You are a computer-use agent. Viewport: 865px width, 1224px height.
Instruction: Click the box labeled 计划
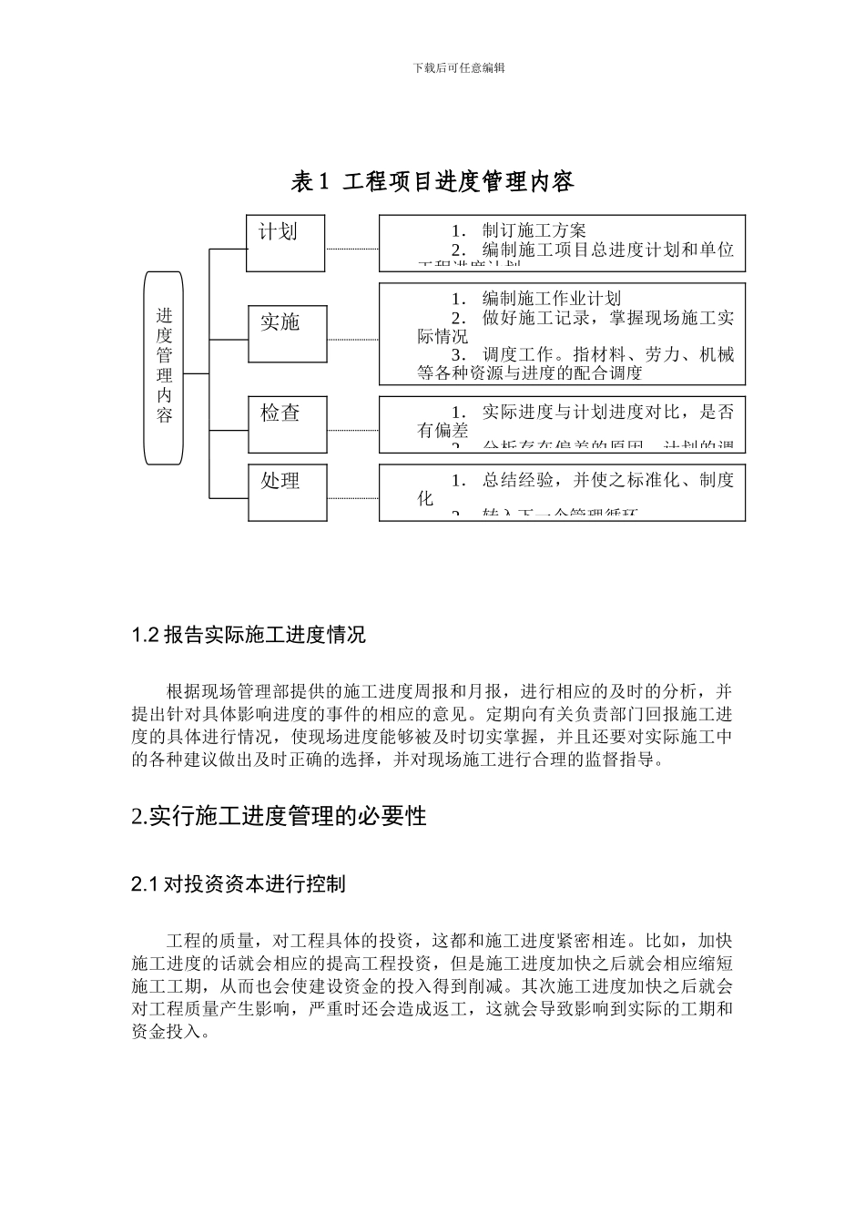285,243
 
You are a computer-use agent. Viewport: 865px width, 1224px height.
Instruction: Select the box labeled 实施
288,334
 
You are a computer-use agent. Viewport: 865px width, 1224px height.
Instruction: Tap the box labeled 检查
288,423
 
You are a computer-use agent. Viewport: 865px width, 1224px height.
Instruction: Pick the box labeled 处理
288,492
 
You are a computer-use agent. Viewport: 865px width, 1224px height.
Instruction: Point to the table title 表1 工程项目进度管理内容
432,182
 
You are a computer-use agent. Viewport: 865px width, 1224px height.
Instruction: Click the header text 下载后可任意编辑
459,67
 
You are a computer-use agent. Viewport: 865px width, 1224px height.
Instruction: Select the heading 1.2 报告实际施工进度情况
249,635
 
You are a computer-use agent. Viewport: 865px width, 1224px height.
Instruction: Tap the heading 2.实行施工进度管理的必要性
279,816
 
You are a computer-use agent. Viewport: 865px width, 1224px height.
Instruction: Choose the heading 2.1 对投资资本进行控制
238,883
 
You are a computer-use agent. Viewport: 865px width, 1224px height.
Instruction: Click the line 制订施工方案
534,230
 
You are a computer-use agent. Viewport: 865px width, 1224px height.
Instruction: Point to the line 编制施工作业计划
551,299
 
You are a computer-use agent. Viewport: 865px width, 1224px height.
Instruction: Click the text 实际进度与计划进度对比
583,412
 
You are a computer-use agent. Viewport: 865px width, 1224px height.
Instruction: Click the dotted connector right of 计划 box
351,249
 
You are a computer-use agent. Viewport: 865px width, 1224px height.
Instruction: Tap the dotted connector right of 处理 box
352,498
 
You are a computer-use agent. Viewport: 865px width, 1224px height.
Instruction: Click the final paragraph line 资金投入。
171,1033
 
